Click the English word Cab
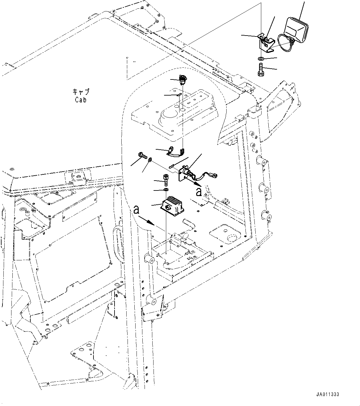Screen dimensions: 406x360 click(80, 100)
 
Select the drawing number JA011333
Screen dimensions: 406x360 click(328, 395)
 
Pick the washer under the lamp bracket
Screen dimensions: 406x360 click(261, 58)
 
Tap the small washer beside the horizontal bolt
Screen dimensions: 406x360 click(150, 160)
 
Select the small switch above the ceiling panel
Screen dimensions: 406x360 click(182, 80)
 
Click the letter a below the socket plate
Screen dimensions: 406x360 click(199, 192)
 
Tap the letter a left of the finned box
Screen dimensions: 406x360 click(136, 210)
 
